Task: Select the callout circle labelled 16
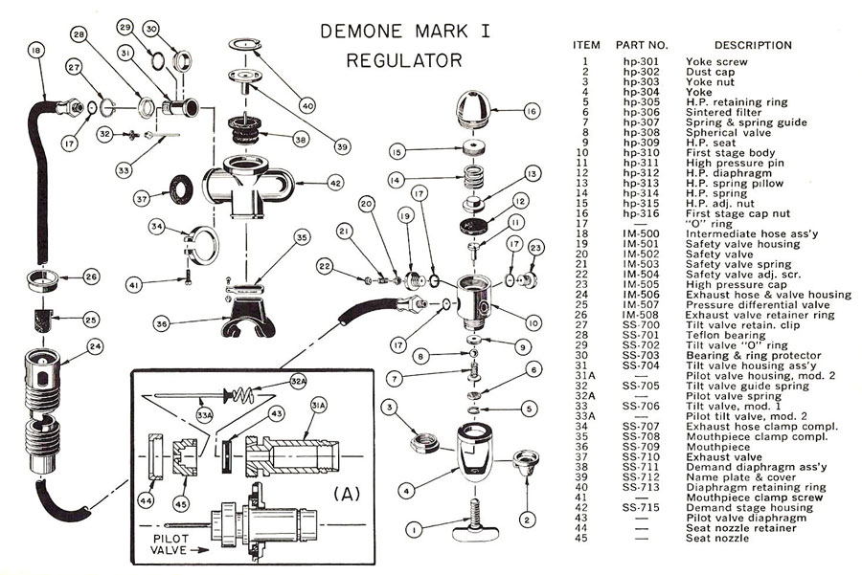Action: (x=532, y=112)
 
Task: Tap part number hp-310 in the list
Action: (x=638, y=153)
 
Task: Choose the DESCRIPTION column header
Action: (x=753, y=45)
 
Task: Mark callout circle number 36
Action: (x=162, y=324)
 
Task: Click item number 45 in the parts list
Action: (x=584, y=538)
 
